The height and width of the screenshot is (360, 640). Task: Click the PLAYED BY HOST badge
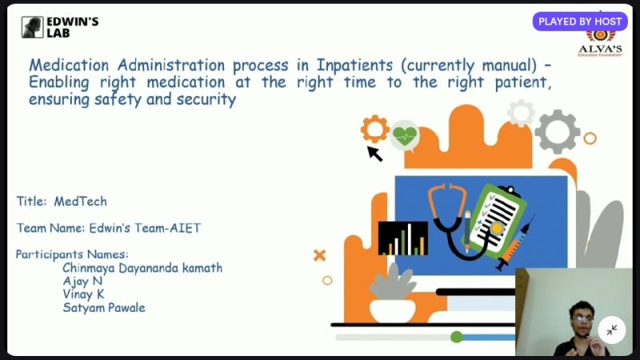click(x=580, y=22)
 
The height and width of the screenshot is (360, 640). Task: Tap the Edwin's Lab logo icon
click(x=32, y=27)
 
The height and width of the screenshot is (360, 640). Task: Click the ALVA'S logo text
click(x=600, y=49)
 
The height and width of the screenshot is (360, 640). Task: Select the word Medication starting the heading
click(x=69, y=66)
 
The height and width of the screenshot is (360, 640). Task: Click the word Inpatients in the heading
click(x=354, y=66)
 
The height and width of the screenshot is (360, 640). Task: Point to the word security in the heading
click(x=206, y=99)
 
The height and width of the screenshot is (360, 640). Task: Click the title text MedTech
click(x=81, y=202)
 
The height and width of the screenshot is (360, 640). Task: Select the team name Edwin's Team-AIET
click(x=145, y=228)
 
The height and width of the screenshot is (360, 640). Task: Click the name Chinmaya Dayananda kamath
click(x=142, y=268)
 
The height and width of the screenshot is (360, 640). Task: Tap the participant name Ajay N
click(x=82, y=282)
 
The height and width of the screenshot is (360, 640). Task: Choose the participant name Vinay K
click(x=83, y=294)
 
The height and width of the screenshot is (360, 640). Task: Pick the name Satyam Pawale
click(x=104, y=307)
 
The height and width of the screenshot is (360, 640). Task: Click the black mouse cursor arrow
click(x=374, y=154)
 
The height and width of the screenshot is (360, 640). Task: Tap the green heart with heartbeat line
click(x=405, y=134)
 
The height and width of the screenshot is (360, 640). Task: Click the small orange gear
click(x=374, y=129)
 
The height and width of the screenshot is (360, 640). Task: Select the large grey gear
click(x=557, y=131)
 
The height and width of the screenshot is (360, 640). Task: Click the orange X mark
click(x=319, y=255)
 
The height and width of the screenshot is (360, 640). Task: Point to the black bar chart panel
click(x=403, y=238)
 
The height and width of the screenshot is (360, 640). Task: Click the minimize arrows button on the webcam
click(x=611, y=330)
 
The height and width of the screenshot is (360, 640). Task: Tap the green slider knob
click(x=457, y=337)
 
